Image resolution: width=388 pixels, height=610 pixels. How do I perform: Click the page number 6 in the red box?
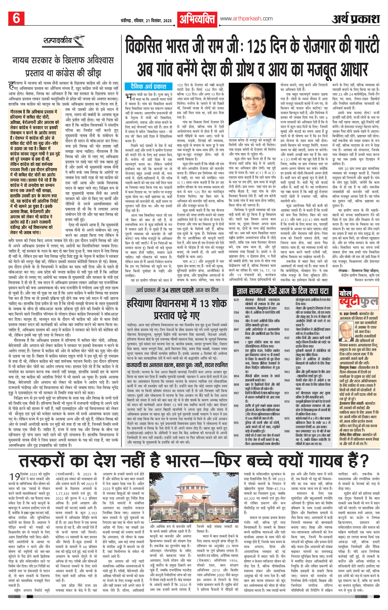tap(16, 18)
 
